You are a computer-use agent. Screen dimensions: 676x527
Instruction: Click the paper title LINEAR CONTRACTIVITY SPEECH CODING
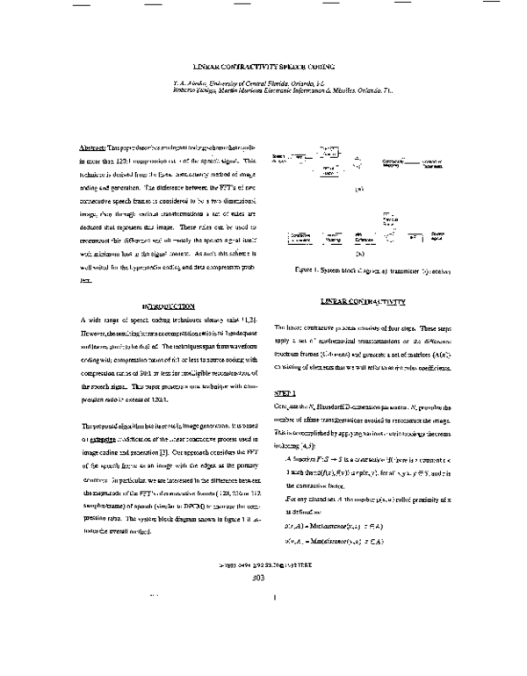[263, 67]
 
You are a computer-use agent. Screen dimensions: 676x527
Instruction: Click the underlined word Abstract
[91, 149]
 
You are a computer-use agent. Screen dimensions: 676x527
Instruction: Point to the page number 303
[257, 628]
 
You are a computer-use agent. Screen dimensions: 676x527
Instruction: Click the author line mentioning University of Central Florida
[249, 82]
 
